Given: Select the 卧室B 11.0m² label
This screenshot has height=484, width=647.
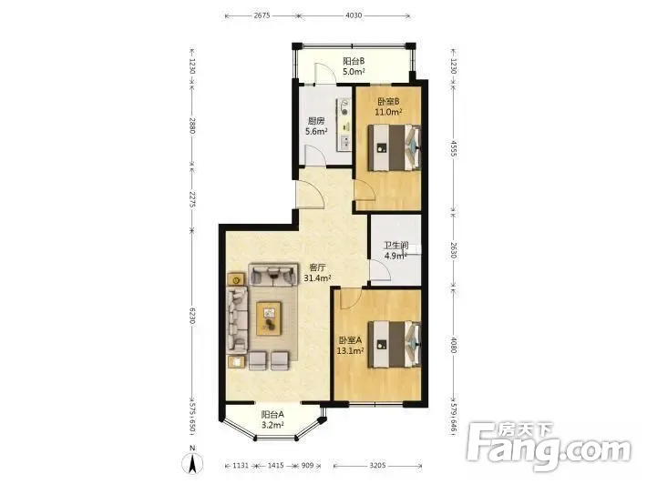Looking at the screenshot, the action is point(388,106).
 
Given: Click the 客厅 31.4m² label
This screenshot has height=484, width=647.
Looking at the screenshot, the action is point(317,273).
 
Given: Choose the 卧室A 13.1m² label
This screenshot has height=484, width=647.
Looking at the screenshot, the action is point(350,345).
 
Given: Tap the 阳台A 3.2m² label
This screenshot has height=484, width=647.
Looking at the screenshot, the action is point(272,419).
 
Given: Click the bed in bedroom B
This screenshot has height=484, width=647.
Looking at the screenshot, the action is point(395,147).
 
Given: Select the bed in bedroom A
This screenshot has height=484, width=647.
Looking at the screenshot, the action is point(395,345).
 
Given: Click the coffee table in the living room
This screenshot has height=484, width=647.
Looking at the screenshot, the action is point(269,318).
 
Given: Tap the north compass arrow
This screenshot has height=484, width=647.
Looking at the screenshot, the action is point(192,462).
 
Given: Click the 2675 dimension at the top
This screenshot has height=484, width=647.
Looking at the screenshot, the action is point(262,15).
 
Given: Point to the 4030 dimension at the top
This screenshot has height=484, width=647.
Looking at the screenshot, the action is point(354,15).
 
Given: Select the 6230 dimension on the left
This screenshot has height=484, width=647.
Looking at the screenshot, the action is point(192,316).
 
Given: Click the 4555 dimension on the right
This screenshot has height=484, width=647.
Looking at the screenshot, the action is point(453,149).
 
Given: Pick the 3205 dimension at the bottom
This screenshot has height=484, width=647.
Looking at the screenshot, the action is point(377,466).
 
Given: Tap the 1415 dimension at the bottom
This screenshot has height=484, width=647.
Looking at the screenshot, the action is point(275,466).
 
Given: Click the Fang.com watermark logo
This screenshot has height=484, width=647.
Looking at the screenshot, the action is point(549,446).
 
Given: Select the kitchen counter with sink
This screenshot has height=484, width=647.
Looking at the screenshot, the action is point(344,125).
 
